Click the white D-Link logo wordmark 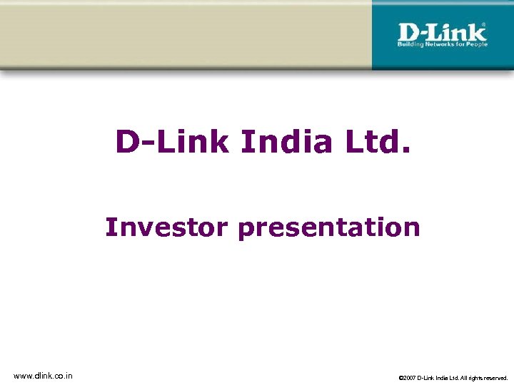(x=441, y=32)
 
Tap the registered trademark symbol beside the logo (x=484, y=25)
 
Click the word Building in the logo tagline (x=411, y=44)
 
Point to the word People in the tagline (x=475, y=44)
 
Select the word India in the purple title (x=287, y=143)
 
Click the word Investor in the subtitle (x=166, y=227)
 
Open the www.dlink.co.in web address (x=42, y=376)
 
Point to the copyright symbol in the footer (x=400, y=377)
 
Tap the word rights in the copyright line (x=474, y=377)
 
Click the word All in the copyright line (x=463, y=377)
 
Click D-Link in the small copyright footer (x=424, y=377)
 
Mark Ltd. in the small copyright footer (x=452, y=377)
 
